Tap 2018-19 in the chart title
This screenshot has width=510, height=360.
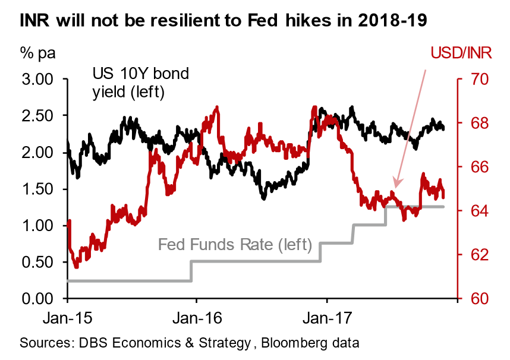pos(394,22)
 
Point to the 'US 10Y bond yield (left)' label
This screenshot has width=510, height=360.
pos(140,83)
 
